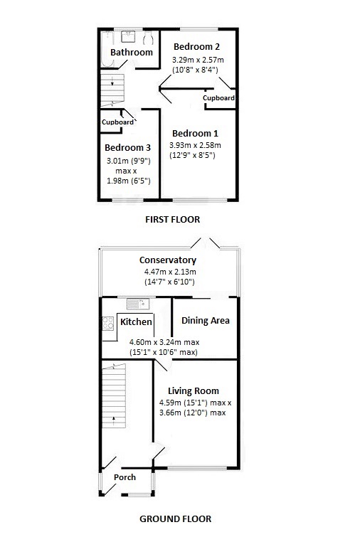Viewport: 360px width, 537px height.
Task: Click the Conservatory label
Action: click(167, 260)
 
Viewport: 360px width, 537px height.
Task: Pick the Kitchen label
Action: click(136, 322)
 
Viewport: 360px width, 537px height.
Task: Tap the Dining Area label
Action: click(205, 321)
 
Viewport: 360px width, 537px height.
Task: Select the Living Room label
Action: click(193, 390)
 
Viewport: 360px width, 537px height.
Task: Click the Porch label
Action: click(125, 477)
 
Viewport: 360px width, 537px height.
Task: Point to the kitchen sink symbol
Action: click(136, 304)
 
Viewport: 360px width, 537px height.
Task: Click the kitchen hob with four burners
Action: click(109, 325)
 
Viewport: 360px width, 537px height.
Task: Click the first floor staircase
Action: click(112, 90)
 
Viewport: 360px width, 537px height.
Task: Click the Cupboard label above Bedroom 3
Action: click(117, 122)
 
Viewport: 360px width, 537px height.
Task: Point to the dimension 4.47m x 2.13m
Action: click(167, 272)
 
